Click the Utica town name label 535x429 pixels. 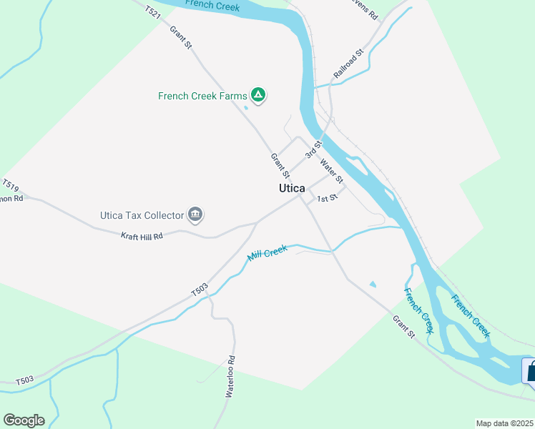coord(292,188)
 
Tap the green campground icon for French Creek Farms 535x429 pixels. coord(258,95)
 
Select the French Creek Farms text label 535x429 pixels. coord(202,96)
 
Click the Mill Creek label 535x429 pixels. coord(267,252)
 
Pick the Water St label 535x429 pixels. coord(333,170)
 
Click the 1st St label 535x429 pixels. coord(327,198)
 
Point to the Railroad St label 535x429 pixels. coord(349,64)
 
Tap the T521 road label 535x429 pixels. coord(152,11)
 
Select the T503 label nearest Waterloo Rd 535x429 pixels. coord(200,290)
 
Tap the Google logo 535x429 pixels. coord(24,420)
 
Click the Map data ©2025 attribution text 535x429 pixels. coord(505,423)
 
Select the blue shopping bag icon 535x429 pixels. coord(530,371)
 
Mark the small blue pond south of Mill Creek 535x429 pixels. coord(372,285)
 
